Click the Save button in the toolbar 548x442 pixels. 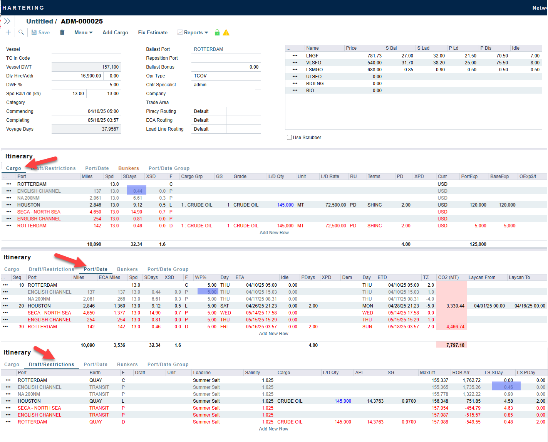(x=40, y=33)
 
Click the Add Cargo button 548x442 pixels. (x=115, y=33)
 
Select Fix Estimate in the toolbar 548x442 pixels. (x=153, y=33)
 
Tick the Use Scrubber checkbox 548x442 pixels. (x=289, y=138)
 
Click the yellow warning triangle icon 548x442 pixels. (x=226, y=33)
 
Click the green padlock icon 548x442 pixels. (x=217, y=33)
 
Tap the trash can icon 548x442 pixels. (x=62, y=33)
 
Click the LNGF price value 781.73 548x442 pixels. (x=374, y=56)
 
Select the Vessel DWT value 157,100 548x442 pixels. (x=110, y=67)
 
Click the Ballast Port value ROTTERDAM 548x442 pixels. (x=208, y=49)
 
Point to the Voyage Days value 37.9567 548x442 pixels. (x=110, y=129)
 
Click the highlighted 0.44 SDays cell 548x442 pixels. (x=137, y=191)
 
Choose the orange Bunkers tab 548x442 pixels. (x=129, y=168)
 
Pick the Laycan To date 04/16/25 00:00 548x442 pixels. (x=530, y=306)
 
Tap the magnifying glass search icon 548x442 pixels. (x=21, y=33)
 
